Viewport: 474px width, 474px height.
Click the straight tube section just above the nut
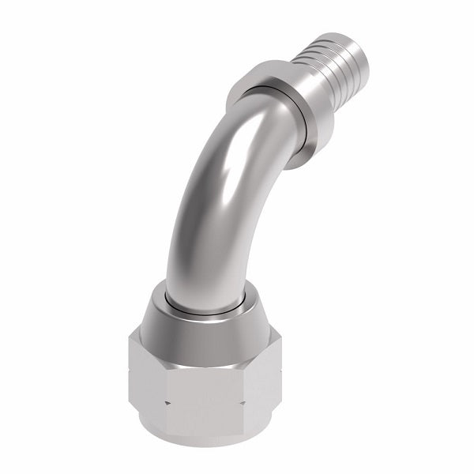coord(207,261)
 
